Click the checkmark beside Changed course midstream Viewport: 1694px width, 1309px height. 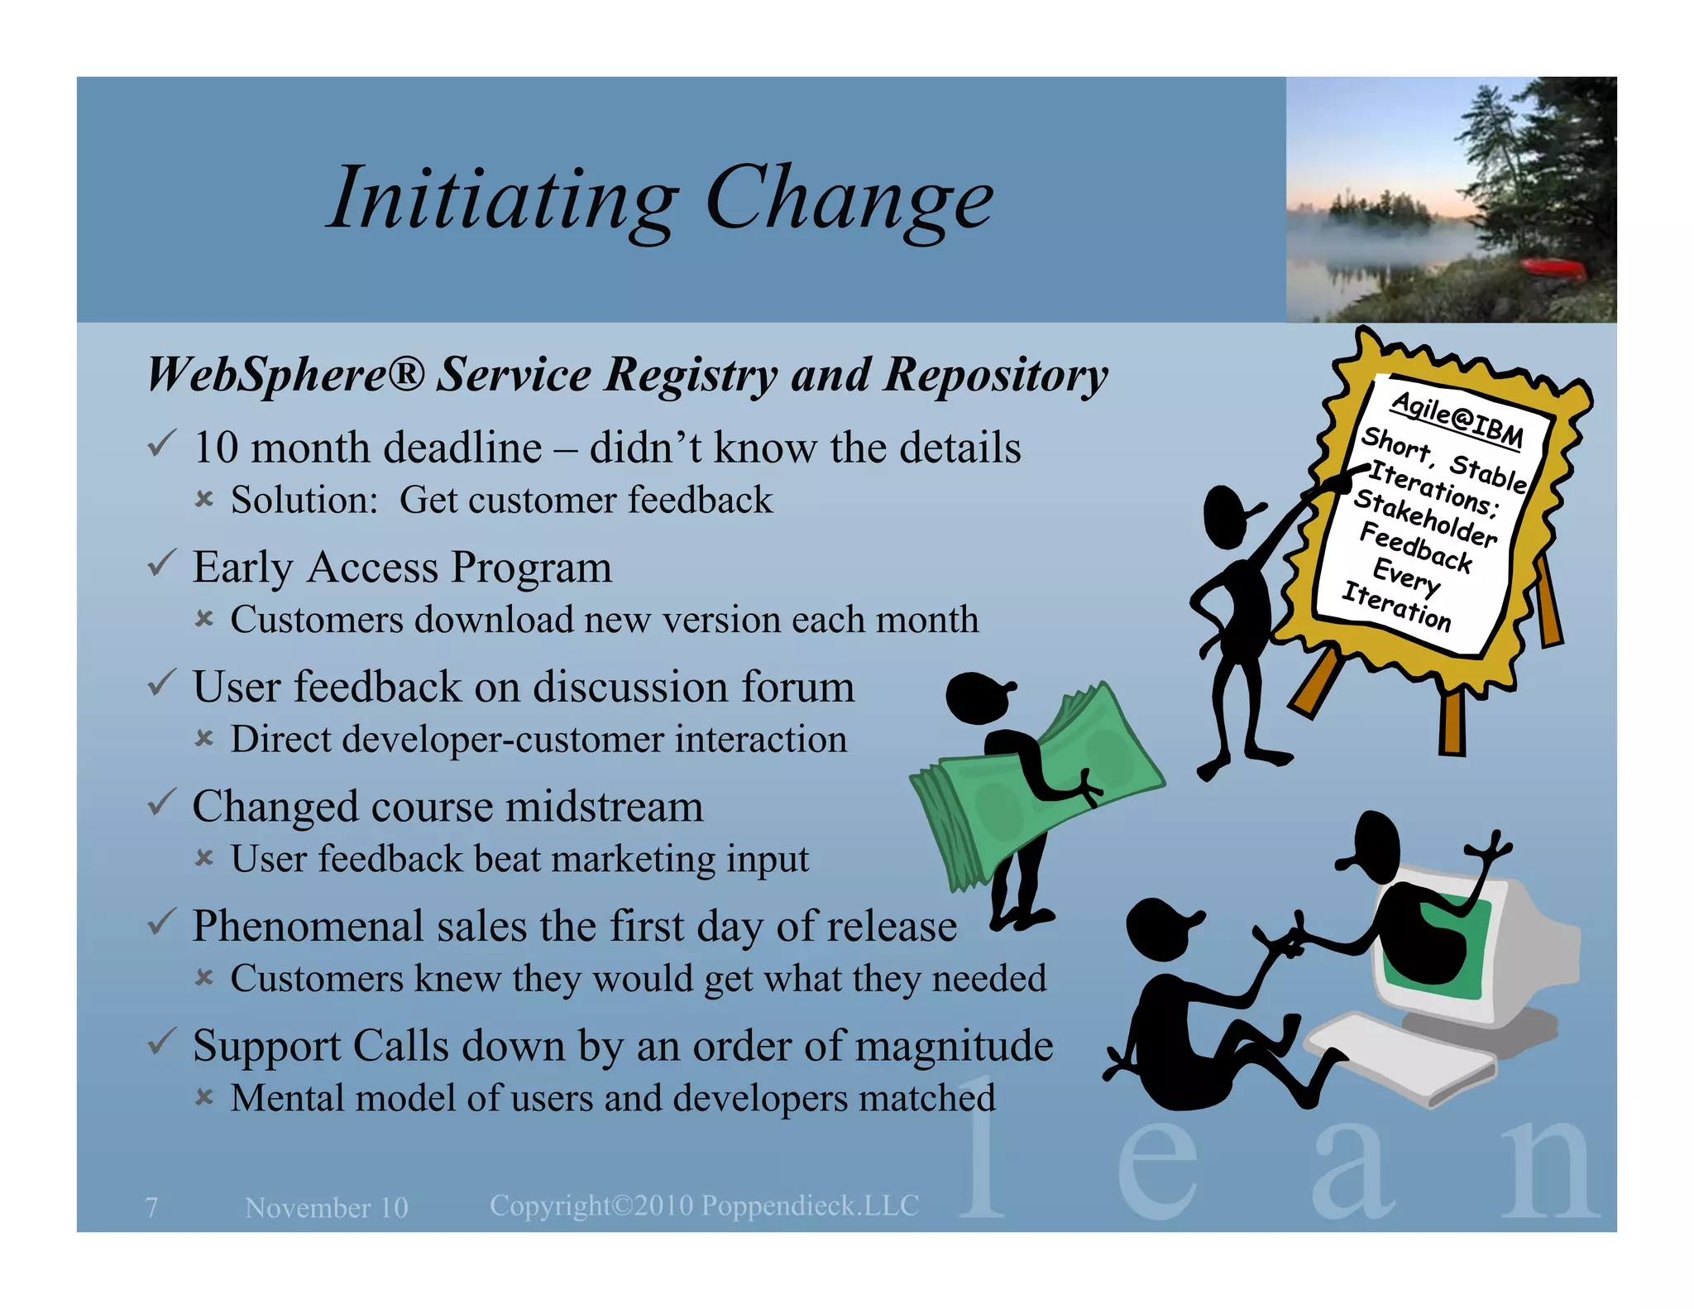tap(160, 803)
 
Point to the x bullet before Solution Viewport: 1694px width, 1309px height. tap(203, 499)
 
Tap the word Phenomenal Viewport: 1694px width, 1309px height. tap(308, 926)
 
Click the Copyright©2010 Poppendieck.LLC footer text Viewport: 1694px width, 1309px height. tap(704, 1206)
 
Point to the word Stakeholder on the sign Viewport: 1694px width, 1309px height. tap(1424, 518)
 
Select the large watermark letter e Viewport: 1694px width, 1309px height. tap(1157, 1167)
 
